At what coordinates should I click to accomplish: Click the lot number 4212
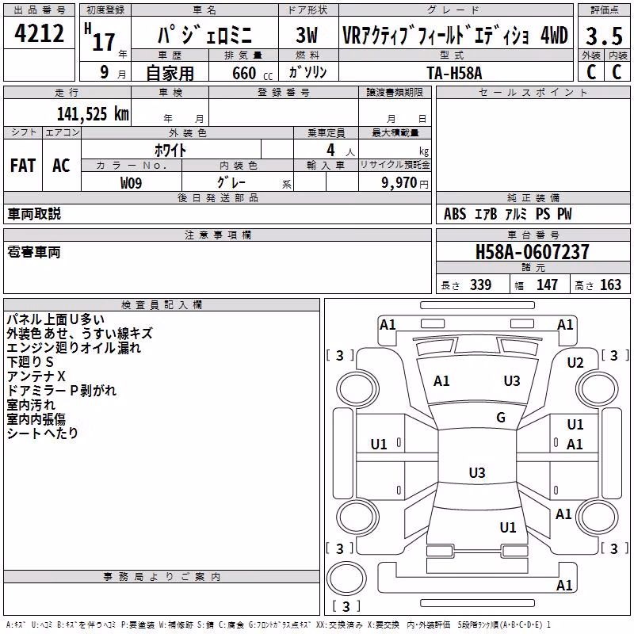coord(39,33)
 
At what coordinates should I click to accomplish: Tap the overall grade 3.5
coord(604,36)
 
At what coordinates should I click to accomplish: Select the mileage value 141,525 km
coord(93,114)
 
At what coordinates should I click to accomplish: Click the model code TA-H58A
coord(454,73)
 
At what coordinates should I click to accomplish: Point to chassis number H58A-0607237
coord(532,252)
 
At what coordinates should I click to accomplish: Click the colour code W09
coord(131,183)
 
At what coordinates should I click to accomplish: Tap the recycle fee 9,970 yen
coord(405,183)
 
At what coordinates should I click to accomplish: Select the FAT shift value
coord(23,166)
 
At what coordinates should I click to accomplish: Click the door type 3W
coord(307,35)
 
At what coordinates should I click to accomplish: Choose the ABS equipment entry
coord(455,214)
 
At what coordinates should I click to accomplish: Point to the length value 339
coord(480,285)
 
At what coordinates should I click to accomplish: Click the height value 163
coord(610,285)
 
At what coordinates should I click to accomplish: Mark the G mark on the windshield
coord(501,417)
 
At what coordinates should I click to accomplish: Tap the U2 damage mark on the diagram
coord(575,363)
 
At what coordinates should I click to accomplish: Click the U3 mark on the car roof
coord(477,472)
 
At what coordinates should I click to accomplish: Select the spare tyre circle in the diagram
coord(346,579)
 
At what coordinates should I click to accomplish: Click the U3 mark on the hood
coord(512,380)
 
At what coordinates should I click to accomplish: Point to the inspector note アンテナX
coord(36,376)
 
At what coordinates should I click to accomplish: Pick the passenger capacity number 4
coord(330,150)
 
